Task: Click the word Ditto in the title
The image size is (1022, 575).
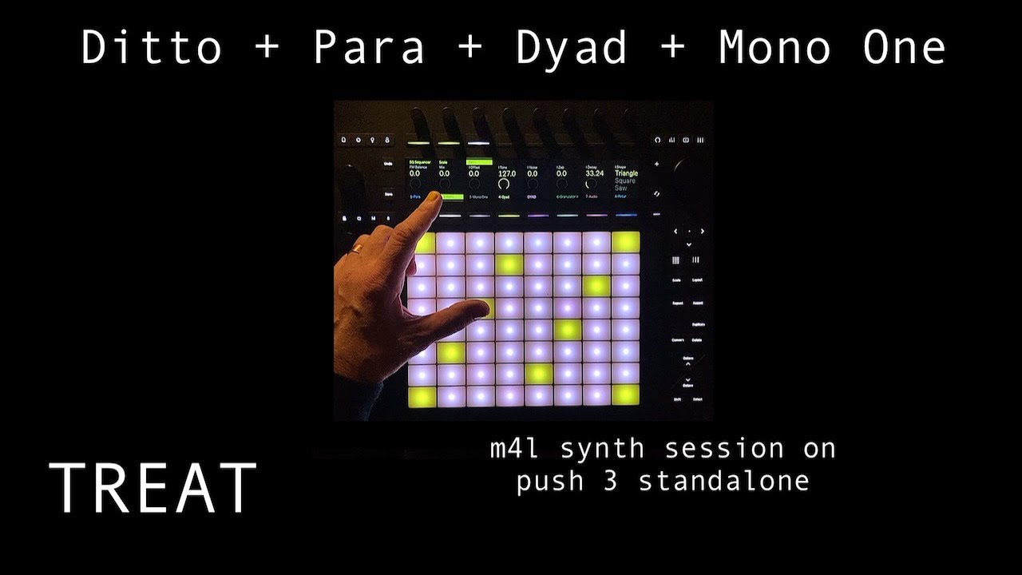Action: coord(151,48)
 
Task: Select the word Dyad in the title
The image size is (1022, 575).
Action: coord(572,48)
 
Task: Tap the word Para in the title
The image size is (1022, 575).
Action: coord(368,48)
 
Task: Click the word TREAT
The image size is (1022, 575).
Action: coord(153,487)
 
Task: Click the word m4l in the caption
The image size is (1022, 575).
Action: coord(517,449)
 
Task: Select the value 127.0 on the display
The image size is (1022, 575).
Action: coord(506,173)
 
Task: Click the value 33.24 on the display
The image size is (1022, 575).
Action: coord(594,173)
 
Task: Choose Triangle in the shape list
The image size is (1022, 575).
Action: coord(626,173)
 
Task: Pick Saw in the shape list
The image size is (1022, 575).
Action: coord(620,188)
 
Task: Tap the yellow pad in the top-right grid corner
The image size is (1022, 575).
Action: coord(626,243)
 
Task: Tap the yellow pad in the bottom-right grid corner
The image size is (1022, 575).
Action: coord(626,395)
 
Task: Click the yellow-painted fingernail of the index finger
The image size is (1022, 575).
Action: coord(434,196)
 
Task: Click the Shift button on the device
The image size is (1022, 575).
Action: coord(677,399)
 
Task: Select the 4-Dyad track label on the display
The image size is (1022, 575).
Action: coord(505,196)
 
